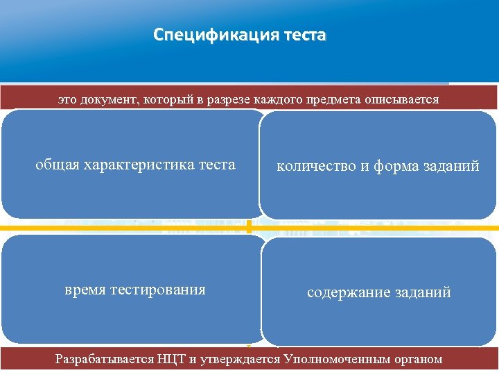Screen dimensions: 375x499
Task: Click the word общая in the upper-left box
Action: point(58,165)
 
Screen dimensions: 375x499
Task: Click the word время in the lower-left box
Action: point(85,290)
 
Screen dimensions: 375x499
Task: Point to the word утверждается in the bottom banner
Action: point(247,359)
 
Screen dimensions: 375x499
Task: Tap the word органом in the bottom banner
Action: point(417,359)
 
